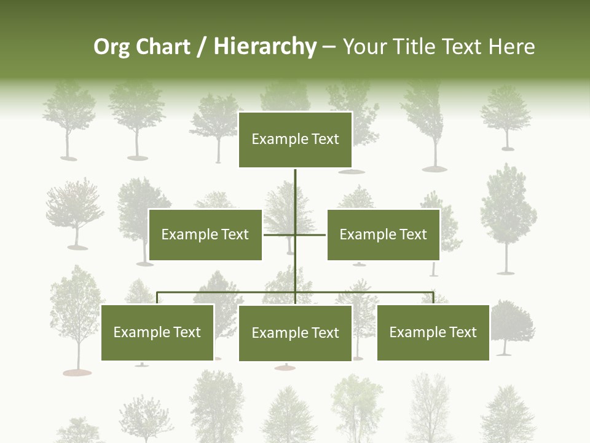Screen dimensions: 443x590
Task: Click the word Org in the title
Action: (x=111, y=47)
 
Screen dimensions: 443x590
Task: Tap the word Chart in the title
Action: (x=161, y=47)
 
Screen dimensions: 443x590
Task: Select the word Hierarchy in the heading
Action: (x=265, y=47)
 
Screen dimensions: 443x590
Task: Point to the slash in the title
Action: (x=202, y=47)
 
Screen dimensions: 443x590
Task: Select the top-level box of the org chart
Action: (x=295, y=140)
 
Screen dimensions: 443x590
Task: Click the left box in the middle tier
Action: (x=205, y=234)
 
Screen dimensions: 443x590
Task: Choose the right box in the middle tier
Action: (x=383, y=234)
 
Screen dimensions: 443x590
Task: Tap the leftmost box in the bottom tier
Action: (x=157, y=332)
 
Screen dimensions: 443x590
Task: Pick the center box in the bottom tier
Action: (x=295, y=333)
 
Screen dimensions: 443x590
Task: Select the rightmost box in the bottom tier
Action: (x=433, y=332)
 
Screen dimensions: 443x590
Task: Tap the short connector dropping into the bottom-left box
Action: (x=157, y=298)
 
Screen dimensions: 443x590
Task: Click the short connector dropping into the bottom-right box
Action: (x=433, y=298)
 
